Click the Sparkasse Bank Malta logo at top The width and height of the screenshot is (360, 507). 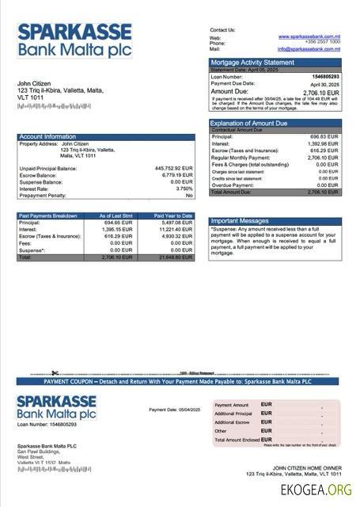coord(74,40)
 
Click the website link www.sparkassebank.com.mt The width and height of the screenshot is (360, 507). coord(309,36)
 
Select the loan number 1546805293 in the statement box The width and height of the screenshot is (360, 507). coord(325,77)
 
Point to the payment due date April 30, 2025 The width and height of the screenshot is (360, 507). coord(324,84)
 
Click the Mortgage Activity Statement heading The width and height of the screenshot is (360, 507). coord(252,62)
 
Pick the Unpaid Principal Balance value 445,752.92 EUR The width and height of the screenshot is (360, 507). coord(173,169)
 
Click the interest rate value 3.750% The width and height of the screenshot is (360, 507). coord(184,189)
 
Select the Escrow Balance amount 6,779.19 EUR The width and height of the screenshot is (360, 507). coord(175,175)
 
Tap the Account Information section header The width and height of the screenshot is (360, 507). coord(47,137)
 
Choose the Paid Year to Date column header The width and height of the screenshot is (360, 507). coord(173,215)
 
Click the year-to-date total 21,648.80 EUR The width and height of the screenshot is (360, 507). coord(175,257)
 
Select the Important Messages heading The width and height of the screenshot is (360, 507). coord(241,221)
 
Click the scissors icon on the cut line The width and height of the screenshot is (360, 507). coord(56,372)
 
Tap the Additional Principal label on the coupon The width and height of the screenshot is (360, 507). coord(233,414)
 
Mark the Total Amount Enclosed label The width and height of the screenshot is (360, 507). coord(237,440)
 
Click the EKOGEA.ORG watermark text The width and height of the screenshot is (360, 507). coord(316,491)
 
